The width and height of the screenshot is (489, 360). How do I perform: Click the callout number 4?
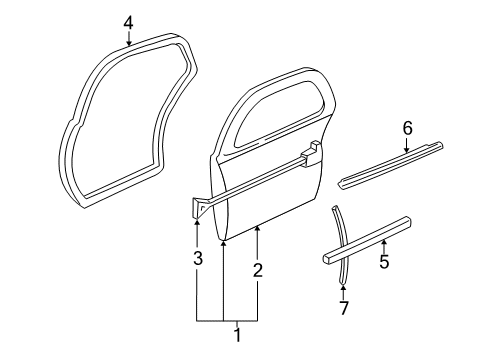[x=128, y=22]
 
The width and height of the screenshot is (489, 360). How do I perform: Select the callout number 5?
[x=383, y=263]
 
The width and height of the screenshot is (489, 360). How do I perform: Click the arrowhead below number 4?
[x=128, y=43]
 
